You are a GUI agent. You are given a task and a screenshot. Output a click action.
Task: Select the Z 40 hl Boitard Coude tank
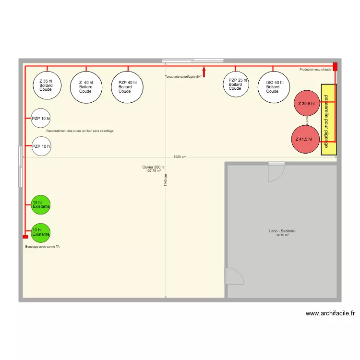[x=86, y=87]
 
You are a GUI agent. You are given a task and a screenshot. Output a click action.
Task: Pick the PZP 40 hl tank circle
[x=127, y=87]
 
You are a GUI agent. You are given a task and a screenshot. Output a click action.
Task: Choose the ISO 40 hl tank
[x=274, y=87]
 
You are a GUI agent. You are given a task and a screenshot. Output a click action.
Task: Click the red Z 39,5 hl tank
[x=307, y=103]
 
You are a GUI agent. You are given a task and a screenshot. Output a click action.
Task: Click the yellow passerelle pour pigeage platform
[x=328, y=120]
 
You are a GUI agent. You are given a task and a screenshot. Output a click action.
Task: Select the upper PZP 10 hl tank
[x=41, y=119]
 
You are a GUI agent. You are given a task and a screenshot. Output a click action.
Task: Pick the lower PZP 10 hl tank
[x=41, y=146]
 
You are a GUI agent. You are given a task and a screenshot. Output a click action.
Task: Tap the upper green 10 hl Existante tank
[x=41, y=205]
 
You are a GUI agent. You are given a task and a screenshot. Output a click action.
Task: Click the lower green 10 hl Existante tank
[x=41, y=232]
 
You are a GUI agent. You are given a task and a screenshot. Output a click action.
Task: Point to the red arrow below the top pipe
[x=204, y=72]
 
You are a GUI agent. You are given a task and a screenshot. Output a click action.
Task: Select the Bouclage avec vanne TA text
[x=42, y=247]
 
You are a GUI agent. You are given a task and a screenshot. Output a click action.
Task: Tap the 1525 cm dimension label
[x=180, y=157]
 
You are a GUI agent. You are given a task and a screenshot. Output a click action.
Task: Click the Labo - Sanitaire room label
[x=282, y=231]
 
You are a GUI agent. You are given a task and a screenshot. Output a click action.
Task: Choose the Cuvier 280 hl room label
[x=153, y=168]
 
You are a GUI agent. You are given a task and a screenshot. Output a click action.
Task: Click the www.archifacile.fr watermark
[x=330, y=313]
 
